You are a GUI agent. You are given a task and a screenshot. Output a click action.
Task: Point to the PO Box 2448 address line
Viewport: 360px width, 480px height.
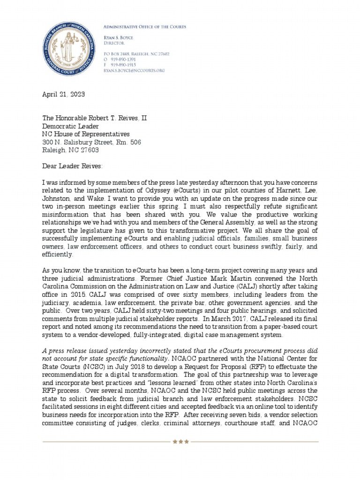pyautogui.click(x=136, y=54)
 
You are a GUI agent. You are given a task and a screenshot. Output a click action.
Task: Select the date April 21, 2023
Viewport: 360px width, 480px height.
pyautogui.click(x=64, y=94)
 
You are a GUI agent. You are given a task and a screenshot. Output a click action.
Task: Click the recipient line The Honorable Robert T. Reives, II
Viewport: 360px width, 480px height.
pyautogui.click(x=95, y=118)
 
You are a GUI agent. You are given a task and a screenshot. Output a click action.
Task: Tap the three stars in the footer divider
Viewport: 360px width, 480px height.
pyautogui.click(x=180, y=442)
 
